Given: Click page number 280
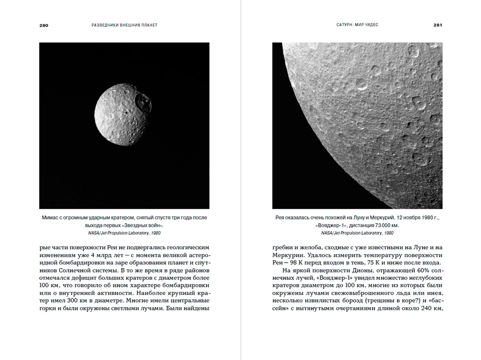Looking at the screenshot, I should tap(44, 25).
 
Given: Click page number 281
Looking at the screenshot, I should tap(437, 25).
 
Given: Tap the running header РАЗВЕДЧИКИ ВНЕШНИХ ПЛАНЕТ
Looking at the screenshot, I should tap(124, 25).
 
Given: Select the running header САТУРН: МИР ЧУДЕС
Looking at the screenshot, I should tap(357, 25).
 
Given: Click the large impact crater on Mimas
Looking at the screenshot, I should tap(142, 101).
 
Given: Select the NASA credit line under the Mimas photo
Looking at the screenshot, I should tap(124, 232).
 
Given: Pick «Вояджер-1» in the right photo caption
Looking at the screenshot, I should tap(329, 225).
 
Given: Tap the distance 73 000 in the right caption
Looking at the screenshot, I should tap(383, 225).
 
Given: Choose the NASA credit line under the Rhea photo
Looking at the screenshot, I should tap(357, 232).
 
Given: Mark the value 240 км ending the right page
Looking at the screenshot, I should tap(430, 308).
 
